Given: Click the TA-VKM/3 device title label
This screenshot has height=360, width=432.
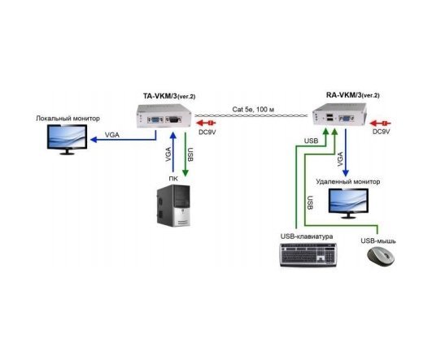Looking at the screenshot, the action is pyautogui.click(x=169, y=96).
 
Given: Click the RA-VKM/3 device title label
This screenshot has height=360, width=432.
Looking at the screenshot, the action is pyautogui.click(x=352, y=95).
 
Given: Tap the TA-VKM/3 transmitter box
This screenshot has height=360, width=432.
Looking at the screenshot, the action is pyautogui.click(x=164, y=116).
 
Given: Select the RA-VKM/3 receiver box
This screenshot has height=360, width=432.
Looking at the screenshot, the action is pyautogui.click(x=340, y=115).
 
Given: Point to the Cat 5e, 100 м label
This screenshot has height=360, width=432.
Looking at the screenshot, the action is pyautogui.click(x=253, y=109).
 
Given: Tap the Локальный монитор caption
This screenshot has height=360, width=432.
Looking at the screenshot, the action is pyautogui.click(x=68, y=119).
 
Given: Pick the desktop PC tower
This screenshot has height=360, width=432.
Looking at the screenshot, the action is pyautogui.click(x=173, y=206).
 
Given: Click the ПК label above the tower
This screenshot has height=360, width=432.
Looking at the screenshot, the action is pyautogui.click(x=173, y=179).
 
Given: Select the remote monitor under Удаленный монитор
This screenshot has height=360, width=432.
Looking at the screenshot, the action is pyautogui.click(x=348, y=203).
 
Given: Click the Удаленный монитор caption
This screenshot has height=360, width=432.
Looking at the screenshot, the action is pyautogui.click(x=348, y=182).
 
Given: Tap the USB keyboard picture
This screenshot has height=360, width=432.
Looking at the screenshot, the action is pyautogui.click(x=308, y=255).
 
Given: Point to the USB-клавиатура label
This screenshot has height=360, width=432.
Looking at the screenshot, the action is pyautogui.click(x=307, y=236).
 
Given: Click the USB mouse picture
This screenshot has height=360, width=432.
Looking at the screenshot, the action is pyautogui.click(x=381, y=256).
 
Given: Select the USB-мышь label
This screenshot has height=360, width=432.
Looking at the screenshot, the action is pyautogui.click(x=378, y=241).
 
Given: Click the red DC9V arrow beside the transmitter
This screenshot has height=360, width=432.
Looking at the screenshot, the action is pyautogui.click(x=205, y=123).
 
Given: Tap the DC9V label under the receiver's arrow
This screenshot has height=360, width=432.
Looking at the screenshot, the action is pyautogui.click(x=382, y=132).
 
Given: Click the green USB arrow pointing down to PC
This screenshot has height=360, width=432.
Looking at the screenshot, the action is pyautogui.click(x=185, y=154).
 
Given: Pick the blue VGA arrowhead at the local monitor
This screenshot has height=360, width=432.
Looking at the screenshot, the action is pyautogui.click(x=94, y=140).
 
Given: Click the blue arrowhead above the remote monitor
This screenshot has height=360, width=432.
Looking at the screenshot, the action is pyautogui.click(x=346, y=173).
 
